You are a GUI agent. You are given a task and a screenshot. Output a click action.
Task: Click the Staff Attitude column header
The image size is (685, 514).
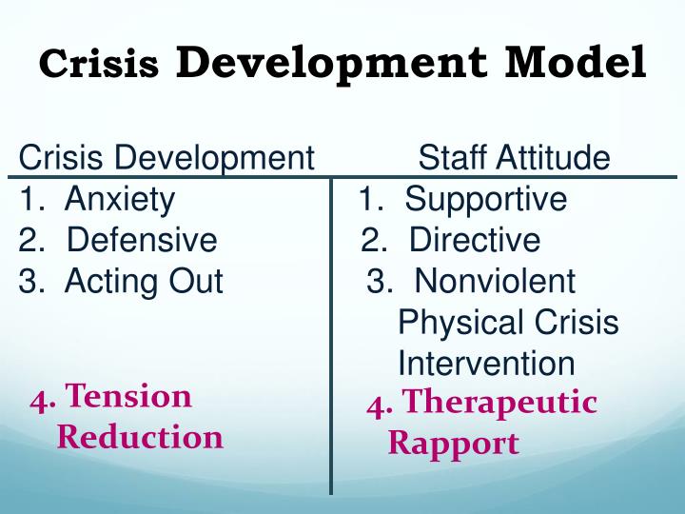(514, 157)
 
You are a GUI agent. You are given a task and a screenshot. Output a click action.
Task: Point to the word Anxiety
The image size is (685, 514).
(120, 200)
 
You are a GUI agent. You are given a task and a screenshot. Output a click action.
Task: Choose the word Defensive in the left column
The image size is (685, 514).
(142, 240)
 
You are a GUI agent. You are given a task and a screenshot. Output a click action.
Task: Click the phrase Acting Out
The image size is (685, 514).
(144, 281)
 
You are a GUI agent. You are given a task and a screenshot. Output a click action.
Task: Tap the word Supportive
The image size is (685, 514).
(485, 200)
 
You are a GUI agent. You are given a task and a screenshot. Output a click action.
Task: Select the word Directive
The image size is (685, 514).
(474, 240)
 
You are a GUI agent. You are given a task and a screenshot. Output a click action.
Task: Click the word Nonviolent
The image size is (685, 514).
(495, 281)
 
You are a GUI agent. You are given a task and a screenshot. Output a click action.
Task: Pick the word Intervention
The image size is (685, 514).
(486, 363)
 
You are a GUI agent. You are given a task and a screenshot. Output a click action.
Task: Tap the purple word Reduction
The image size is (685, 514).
(140, 437)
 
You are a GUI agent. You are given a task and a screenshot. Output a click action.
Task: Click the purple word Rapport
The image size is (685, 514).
(453, 444)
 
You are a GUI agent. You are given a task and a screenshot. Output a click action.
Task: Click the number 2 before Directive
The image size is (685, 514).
(370, 240)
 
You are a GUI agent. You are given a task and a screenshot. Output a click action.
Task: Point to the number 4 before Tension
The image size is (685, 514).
(39, 398)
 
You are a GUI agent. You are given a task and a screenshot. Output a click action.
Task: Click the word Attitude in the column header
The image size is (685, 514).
(556, 157)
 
